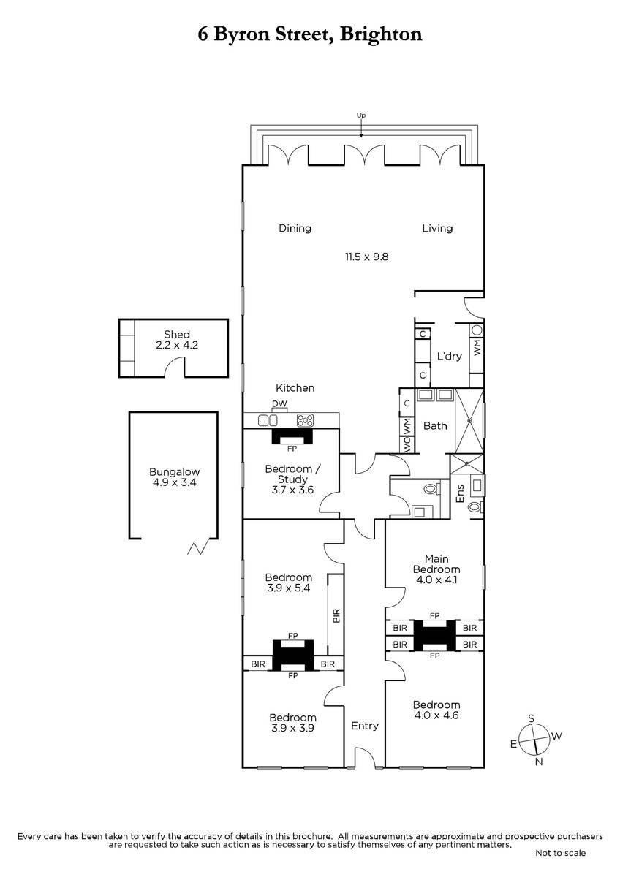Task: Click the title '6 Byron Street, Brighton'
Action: [x=310, y=34]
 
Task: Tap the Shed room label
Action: [x=177, y=335]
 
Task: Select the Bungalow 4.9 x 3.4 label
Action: [x=175, y=477]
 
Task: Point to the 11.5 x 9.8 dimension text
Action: [x=366, y=257]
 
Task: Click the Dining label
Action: [x=295, y=228]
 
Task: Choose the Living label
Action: [x=437, y=228]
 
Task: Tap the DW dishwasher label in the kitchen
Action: [x=279, y=403]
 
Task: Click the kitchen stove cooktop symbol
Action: [x=305, y=421]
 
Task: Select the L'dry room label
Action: [x=449, y=356]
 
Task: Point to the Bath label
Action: [x=435, y=425]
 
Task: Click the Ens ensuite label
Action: [x=460, y=494]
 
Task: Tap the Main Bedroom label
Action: [x=436, y=563]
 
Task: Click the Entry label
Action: [x=365, y=726]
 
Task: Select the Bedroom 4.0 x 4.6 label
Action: [x=436, y=710]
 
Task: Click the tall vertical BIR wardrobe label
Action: [x=336, y=615]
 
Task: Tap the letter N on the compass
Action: [x=539, y=762]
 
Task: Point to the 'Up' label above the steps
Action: [x=360, y=115]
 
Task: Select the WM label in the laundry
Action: [x=477, y=347]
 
